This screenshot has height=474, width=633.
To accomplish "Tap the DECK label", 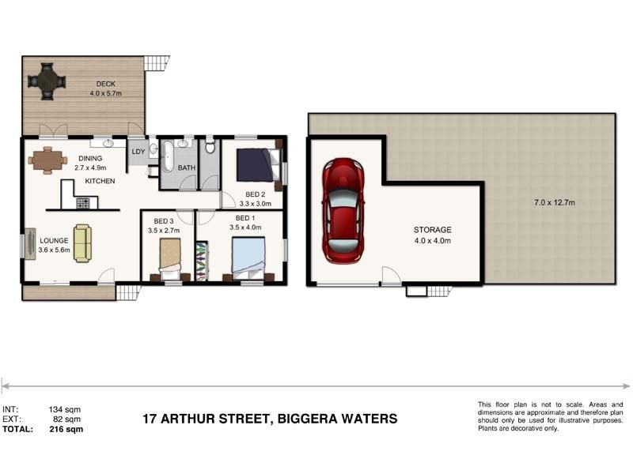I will coord(107,84).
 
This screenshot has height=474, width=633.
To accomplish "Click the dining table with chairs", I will coord(47,160).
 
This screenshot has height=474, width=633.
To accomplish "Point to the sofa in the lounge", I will coord(82,243).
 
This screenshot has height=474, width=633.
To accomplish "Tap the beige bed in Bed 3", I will coord(171,258).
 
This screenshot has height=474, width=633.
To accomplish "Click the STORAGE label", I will coord(432,230).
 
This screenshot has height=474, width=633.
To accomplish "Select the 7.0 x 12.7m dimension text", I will coord(552,203).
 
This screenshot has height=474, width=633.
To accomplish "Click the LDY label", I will coord(138,151).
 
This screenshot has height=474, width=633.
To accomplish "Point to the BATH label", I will coord(187,168).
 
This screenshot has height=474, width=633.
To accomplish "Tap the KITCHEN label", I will coord(100,181).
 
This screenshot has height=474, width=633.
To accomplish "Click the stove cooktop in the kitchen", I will coord(83,202).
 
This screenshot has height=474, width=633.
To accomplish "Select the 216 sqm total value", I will coord(66,430).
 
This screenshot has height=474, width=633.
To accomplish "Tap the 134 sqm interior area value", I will coord(66,409).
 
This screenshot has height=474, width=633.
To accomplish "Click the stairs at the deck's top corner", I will coord(157,62).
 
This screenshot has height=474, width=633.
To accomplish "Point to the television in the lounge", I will coord(29,243).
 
